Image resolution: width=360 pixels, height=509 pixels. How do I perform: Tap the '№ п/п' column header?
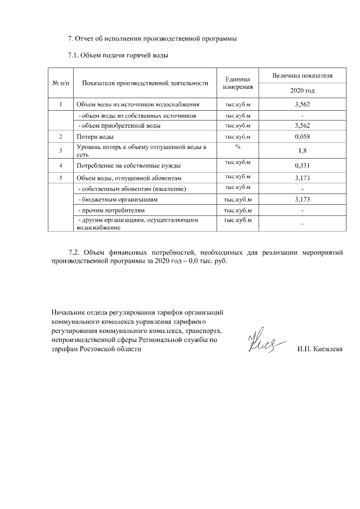pos(60,83)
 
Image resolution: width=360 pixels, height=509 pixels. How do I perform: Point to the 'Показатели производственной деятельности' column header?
pos(145,83)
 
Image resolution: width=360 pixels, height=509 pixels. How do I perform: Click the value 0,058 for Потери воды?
pos(302,137)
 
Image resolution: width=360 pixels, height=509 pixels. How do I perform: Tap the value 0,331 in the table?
pos(302,165)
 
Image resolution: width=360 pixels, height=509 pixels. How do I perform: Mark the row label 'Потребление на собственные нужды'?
pos(128,166)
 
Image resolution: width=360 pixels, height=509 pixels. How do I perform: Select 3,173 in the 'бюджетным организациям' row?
pos(302,199)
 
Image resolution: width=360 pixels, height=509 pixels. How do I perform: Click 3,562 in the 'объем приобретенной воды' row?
pos(302,125)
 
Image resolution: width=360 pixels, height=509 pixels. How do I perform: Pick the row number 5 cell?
pos(60,178)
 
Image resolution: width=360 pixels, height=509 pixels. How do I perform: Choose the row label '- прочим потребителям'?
pos(109,210)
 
